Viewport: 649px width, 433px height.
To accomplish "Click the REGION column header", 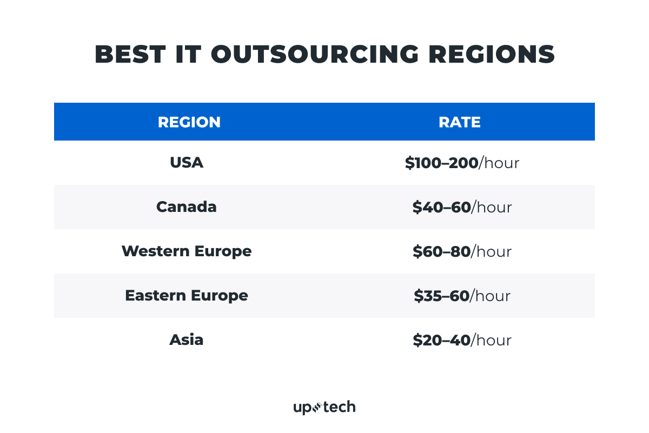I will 189,122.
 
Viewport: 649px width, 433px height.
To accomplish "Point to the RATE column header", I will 460,122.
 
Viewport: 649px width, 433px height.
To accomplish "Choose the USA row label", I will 187,163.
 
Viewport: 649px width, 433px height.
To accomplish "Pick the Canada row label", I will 187,207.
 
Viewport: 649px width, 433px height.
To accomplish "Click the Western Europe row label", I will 187,251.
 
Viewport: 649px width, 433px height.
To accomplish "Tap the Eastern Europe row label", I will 187,296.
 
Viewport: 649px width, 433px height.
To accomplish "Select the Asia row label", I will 187,340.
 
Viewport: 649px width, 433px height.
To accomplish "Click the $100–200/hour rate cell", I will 462,163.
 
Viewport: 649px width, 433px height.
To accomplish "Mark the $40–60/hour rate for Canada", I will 462,208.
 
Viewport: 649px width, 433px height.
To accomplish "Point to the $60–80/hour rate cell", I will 462,252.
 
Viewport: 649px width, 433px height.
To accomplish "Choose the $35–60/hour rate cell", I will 462,296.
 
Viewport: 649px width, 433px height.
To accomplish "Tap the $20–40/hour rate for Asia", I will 462,341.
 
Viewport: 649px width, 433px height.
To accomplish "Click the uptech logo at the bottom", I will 325,407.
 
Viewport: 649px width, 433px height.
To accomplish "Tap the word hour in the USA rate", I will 502,163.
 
